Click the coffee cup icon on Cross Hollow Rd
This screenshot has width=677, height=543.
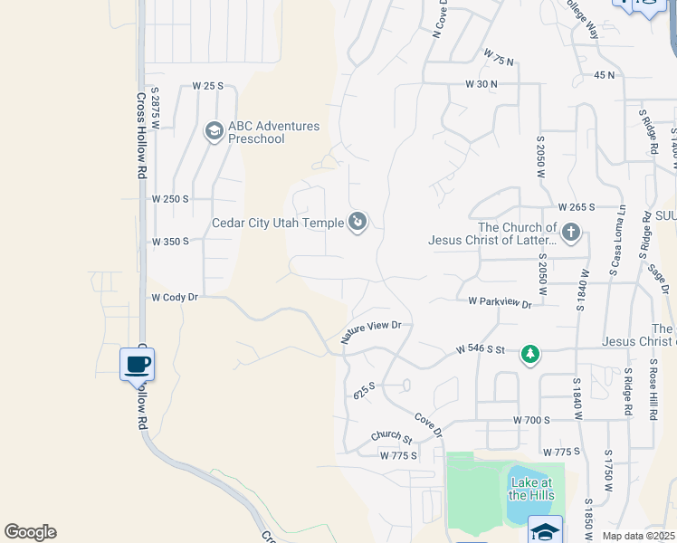point(137,365)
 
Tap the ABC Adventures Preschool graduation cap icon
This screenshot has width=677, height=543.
point(214,132)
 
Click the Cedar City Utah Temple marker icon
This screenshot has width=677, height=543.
point(358,221)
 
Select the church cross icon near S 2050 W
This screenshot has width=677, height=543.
point(570,233)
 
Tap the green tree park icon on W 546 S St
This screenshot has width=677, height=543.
point(529,354)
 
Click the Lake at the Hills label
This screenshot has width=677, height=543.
point(530,489)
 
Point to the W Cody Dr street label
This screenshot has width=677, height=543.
point(174,297)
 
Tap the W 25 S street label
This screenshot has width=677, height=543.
point(207,86)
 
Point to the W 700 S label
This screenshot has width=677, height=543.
point(531,421)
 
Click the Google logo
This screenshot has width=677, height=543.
point(30,532)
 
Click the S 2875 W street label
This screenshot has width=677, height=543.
point(155,108)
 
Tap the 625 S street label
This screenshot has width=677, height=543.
point(364,391)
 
